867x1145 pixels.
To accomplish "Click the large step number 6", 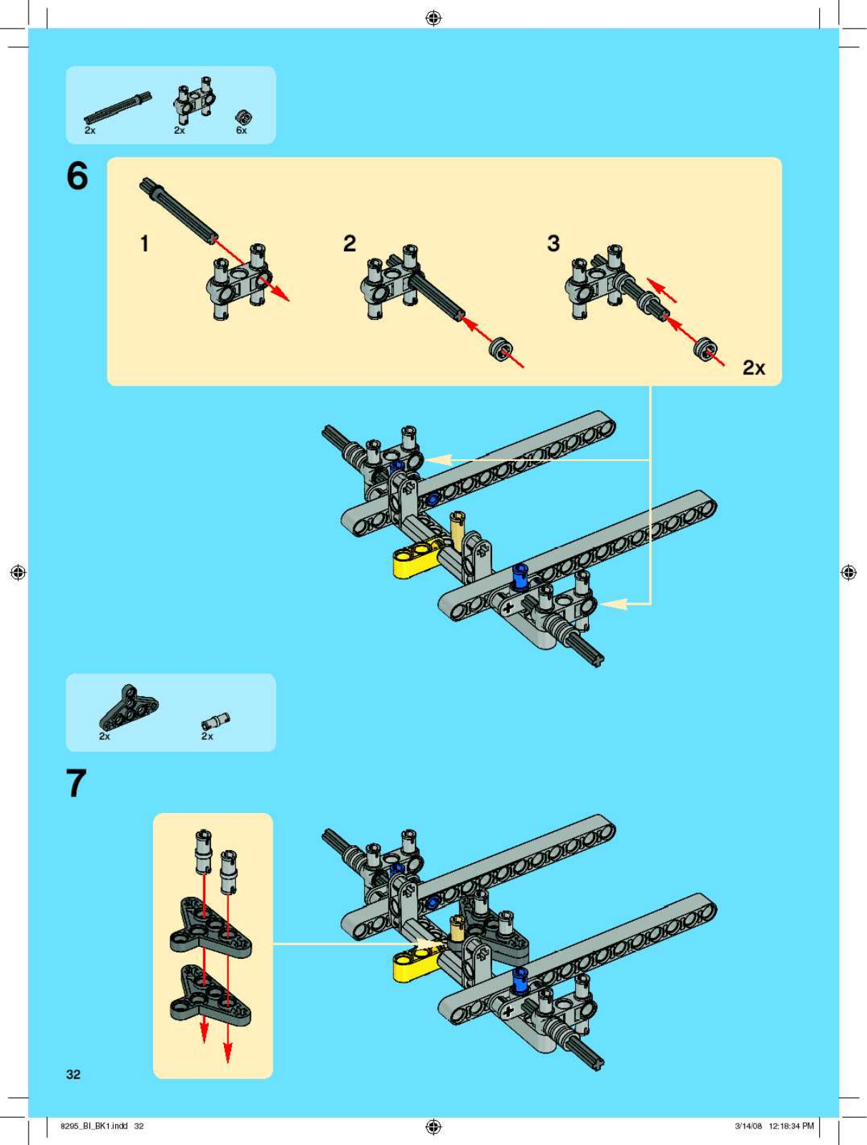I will coord(77,176).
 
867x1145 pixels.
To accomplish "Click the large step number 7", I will coord(77,783).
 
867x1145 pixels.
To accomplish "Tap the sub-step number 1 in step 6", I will coord(144,243).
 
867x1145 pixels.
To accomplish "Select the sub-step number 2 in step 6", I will coord(349,243).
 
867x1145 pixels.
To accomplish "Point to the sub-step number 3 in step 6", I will coord(553,243).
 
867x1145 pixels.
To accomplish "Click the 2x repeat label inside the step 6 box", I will coord(753,368).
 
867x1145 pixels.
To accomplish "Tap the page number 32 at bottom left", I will coord(73,1074).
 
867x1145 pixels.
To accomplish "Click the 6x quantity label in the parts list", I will coord(242,131).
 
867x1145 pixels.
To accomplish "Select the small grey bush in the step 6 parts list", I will coord(244,117).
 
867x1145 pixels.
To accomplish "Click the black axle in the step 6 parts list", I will coord(118,107).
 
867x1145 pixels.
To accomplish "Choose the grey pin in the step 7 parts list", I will coord(215,720).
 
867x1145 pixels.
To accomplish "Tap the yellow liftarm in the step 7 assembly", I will coord(415,964).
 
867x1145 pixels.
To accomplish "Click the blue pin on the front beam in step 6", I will coord(519,575).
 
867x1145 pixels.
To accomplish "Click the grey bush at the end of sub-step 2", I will coord(501,351).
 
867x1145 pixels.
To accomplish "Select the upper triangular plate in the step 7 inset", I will coord(210,927).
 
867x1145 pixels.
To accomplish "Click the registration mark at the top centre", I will coord(433,18).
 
